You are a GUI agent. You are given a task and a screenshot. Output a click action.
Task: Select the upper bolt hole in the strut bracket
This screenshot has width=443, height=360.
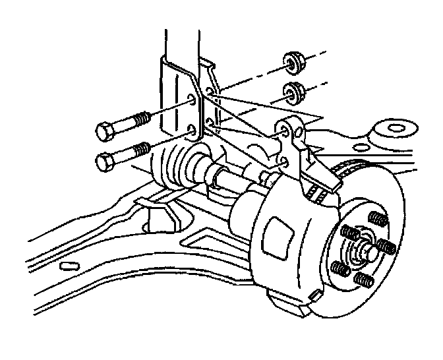coord(192,100)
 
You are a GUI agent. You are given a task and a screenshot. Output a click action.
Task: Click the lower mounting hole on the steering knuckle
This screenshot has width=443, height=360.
coord(285,160)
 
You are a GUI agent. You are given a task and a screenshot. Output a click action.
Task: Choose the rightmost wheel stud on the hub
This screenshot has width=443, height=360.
coord(388,246)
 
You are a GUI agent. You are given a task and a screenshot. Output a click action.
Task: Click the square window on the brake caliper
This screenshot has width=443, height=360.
coord(276,236)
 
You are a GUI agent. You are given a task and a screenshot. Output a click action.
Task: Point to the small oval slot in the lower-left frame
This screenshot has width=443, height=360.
coord(68,266)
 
